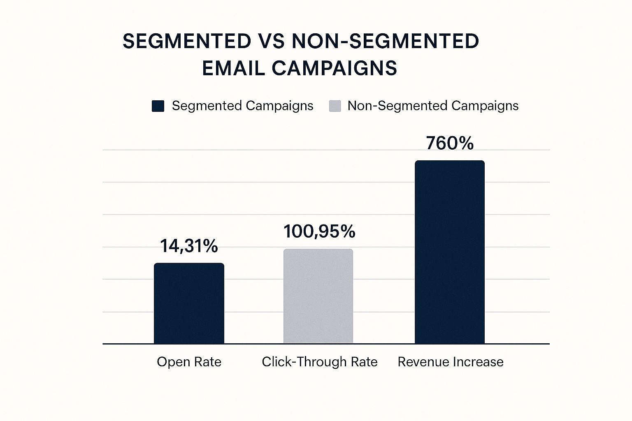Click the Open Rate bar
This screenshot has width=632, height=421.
pos(189,303)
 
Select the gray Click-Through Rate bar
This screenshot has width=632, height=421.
pos(318,296)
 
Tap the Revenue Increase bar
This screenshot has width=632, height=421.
pos(449,252)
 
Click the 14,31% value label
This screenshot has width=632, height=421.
pos(189,246)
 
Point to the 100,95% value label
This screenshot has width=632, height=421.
pos(319,231)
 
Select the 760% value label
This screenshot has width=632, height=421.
pos(450,143)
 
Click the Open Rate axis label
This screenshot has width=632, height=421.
pos(189,362)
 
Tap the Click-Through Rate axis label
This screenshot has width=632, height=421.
pos(319,362)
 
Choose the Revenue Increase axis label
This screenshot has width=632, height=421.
pos(450,362)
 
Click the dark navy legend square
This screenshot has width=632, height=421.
pos(158,106)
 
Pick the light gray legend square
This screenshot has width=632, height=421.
pos(335,106)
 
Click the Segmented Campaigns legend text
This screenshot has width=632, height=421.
pos(242,106)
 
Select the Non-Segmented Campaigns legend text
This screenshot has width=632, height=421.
pos(433,106)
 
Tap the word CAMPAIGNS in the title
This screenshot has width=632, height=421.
pos(334,68)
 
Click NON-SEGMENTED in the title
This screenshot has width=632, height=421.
pos(385,42)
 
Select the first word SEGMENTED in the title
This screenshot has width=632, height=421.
pos(187,42)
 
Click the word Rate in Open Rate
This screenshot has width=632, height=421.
pos(208,362)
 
